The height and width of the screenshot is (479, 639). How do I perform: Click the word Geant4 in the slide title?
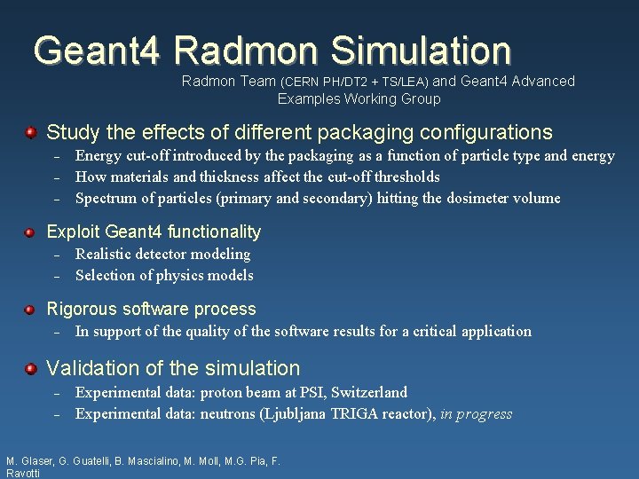96,50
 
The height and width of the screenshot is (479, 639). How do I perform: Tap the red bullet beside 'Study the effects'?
30,133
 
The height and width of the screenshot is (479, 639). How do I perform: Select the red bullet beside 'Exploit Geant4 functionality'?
30,232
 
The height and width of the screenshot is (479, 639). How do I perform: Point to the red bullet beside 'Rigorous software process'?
30,310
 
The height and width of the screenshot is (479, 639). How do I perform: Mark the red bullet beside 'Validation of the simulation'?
30,368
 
